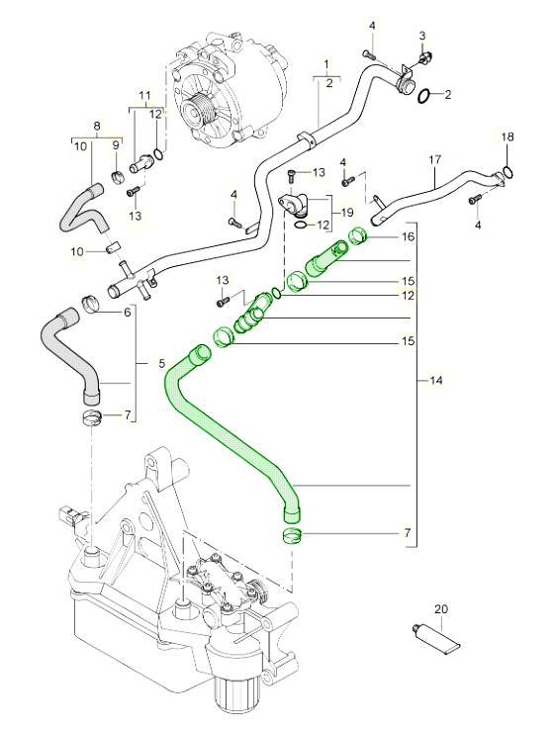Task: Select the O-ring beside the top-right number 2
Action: pos(422,96)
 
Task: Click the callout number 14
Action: pos(436,380)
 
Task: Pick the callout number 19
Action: pos(348,213)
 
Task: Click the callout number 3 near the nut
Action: pos(422,36)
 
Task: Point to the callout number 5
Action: pos(162,364)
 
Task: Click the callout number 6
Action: pos(127,313)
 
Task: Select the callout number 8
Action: pos(96,127)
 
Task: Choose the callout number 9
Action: pos(116,145)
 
